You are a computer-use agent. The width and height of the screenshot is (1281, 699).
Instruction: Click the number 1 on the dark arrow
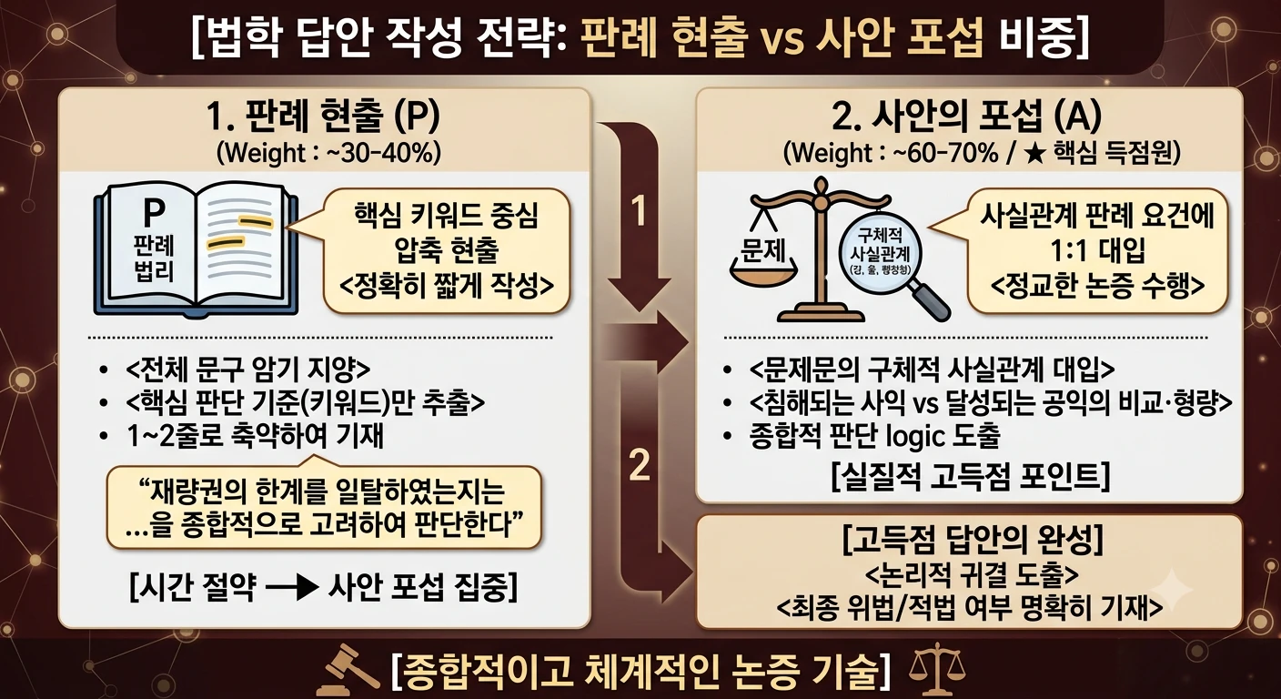639,211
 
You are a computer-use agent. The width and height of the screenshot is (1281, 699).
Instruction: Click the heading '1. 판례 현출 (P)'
323,117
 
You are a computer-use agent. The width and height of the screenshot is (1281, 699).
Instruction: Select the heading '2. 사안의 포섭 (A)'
966,116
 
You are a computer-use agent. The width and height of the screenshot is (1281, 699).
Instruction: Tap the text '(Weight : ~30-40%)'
328,153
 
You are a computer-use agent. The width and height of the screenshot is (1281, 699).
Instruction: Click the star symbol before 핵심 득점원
1034,154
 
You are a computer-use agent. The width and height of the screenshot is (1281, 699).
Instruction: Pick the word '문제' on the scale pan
763,249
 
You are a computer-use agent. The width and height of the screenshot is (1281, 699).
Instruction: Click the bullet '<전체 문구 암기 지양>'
247,370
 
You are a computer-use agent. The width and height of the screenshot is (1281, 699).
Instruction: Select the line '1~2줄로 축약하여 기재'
256,436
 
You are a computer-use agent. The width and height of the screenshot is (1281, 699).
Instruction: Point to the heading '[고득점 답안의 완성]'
973,540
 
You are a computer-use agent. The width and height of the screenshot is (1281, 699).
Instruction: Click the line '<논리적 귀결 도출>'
973,574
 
